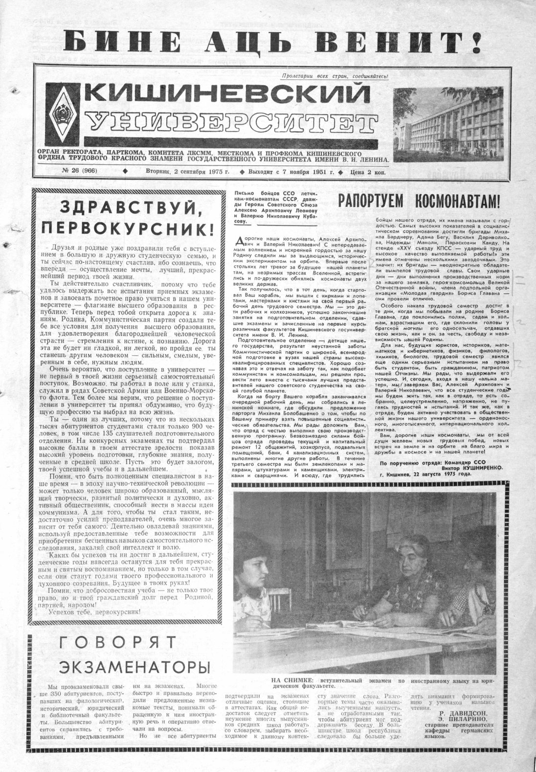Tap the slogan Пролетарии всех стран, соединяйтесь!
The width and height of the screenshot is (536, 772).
pos(335,76)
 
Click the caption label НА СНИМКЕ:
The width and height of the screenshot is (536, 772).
pos(288,681)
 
